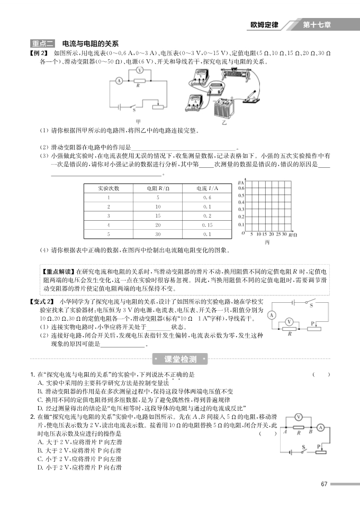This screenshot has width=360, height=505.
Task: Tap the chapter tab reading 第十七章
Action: pyautogui.click(x=318, y=25)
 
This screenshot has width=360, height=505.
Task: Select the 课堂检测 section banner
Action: pyautogui.click(x=181, y=359)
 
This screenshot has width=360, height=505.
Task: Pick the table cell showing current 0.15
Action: pyautogui.click(x=207, y=224)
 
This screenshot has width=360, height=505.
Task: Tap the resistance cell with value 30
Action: pyautogui.click(x=158, y=233)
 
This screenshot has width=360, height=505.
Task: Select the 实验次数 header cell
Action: pyautogui.click(x=109, y=188)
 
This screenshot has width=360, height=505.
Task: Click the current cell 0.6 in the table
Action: pyautogui.click(x=207, y=197)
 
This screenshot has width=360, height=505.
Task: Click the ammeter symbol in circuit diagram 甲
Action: pyautogui.click(x=119, y=80)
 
